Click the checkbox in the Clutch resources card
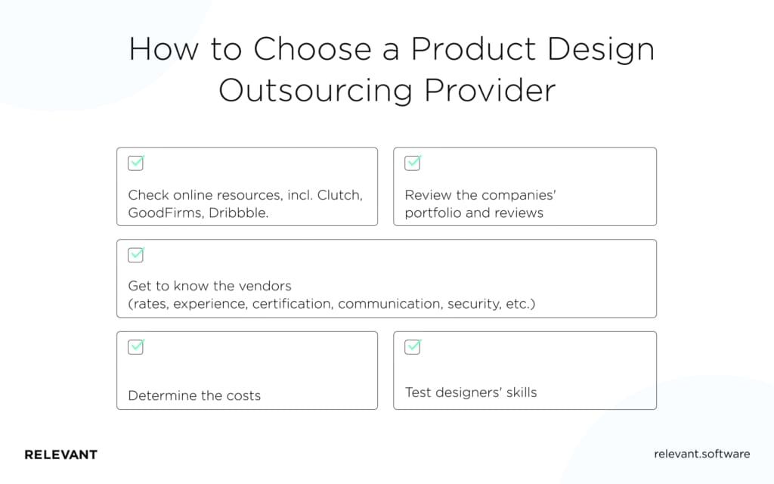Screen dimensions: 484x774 136,163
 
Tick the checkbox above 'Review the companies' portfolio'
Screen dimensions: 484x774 413,163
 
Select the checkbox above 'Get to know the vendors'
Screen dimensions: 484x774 136,255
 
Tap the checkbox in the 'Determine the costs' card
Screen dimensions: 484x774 136,347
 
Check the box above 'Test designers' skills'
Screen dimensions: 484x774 413,347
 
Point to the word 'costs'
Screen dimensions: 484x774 243,396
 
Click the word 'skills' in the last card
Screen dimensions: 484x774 518,392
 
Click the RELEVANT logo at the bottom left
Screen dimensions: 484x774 60,455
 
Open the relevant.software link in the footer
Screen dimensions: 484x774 701,454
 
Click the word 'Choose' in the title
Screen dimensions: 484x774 311,50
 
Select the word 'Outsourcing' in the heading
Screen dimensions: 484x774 316,90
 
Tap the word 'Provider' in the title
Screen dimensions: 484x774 490,90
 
